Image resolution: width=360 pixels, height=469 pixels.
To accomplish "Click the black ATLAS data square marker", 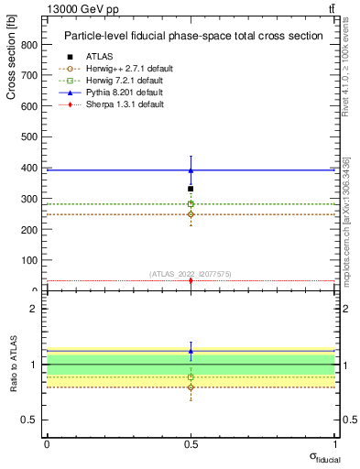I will tap(191, 189).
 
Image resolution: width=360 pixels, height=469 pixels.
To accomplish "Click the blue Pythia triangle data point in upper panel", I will tap(191, 170).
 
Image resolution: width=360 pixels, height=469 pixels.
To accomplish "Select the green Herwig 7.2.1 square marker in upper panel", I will tap(191, 204).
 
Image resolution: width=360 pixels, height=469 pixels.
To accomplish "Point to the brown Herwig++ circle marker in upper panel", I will tap(191, 214).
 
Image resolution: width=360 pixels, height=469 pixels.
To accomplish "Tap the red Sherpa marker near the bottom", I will tap(191, 280).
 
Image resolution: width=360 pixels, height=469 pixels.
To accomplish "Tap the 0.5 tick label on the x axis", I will tap(191, 444).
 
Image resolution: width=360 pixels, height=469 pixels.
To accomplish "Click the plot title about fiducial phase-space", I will tap(193, 36).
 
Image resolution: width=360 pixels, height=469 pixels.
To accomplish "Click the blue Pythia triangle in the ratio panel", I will tap(191, 351).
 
